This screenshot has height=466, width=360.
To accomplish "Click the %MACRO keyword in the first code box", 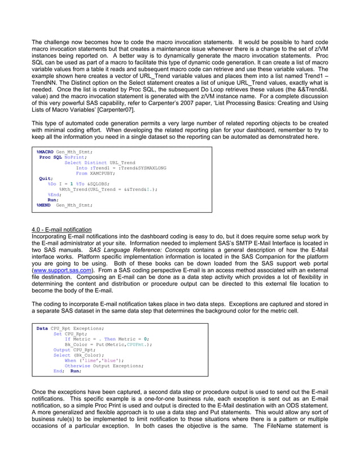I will pos(45,152).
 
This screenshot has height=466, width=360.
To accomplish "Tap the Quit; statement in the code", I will pos(46,178).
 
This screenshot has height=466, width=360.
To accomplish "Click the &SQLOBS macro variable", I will pos(98,184).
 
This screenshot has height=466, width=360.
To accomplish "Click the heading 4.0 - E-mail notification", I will pos(62,230).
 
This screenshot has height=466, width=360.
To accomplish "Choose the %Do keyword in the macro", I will pos(52,184).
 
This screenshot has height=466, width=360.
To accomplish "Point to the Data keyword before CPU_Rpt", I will pos(42,328).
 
